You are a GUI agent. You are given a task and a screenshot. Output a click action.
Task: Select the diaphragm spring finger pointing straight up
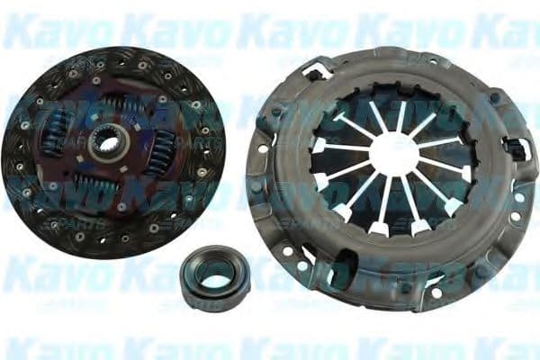click(x=400, y=115)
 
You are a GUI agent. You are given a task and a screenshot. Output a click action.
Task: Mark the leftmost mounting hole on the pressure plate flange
click(x=262, y=149)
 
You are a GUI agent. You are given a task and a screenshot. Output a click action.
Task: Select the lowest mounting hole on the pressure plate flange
click(x=434, y=292)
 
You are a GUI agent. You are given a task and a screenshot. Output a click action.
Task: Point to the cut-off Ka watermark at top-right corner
click(x=517, y=32)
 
